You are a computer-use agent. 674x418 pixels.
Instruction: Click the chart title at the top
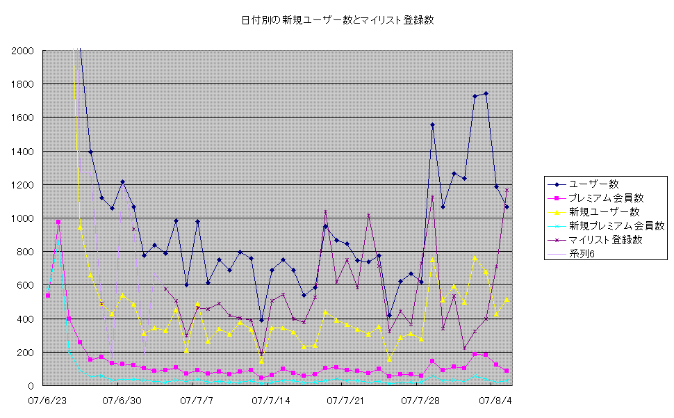337,20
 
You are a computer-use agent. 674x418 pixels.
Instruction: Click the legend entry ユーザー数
593,184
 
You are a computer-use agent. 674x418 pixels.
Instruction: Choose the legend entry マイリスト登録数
605,240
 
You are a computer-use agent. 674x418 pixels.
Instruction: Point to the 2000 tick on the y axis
22,51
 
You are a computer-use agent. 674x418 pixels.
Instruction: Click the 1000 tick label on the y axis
22,218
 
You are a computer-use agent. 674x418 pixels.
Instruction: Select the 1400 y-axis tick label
22,152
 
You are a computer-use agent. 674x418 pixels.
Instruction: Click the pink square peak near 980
58,222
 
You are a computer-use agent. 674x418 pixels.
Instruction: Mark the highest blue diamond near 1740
486,93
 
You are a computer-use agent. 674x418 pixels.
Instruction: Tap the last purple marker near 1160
507,190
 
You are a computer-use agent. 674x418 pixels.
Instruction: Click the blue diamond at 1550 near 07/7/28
432,125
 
